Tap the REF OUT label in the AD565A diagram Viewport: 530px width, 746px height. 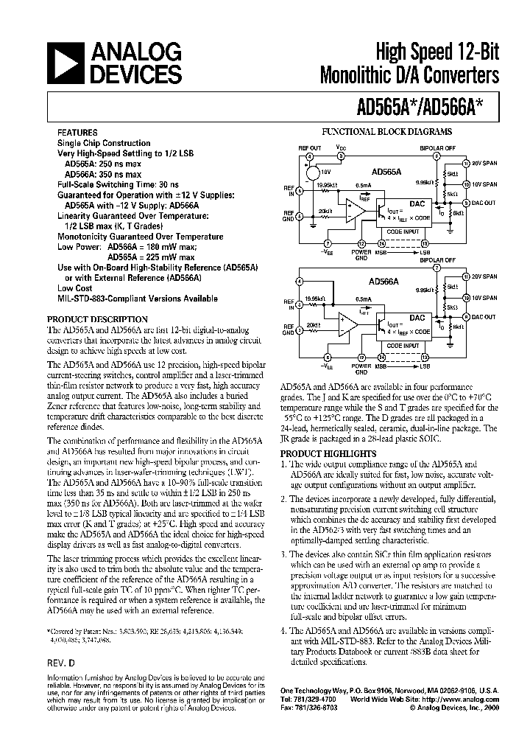[x=310, y=147]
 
